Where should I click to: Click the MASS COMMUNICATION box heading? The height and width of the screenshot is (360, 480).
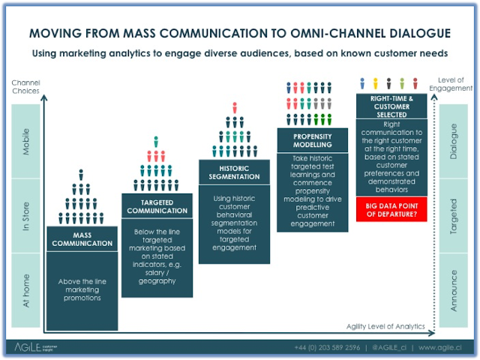tap(82, 238)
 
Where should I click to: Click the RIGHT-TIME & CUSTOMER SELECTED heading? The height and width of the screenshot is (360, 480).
tap(391, 106)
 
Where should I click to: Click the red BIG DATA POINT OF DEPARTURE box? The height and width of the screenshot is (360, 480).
tap(391, 208)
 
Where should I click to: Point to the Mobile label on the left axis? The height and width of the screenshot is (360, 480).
tap(26, 140)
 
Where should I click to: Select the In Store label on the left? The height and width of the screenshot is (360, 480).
tap(26, 216)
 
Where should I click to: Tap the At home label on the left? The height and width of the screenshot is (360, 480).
tap(26, 292)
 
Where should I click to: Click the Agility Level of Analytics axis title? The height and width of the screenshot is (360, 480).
tap(386, 325)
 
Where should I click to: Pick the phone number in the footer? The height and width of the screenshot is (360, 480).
tap(330, 348)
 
